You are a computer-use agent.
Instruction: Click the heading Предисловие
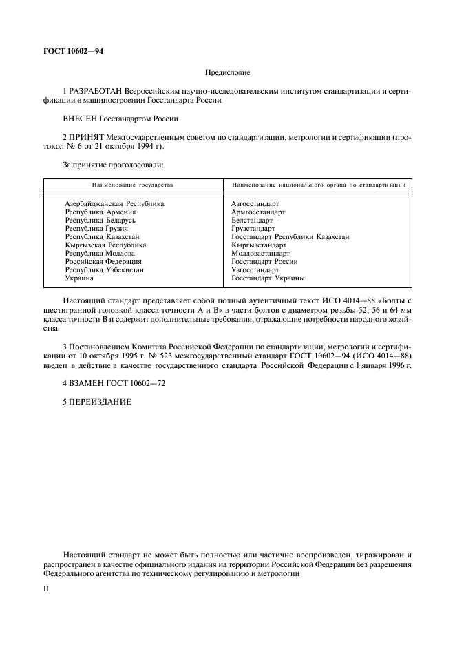[x=228, y=72]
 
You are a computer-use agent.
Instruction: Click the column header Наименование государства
[x=133, y=185]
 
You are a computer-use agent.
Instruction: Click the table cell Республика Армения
[x=100, y=212]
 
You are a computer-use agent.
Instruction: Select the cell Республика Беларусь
[x=100, y=221]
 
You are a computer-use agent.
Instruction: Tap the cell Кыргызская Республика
[x=105, y=245]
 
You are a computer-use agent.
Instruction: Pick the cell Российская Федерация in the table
[x=103, y=262]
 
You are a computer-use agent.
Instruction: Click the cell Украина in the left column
[x=78, y=278]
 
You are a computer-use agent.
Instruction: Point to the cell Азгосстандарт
[x=255, y=204]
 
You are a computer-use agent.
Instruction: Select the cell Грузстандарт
[x=253, y=229]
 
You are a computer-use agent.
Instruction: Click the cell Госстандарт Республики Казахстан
[x=290, y=236]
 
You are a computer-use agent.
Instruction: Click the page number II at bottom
[x=46, y=591]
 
